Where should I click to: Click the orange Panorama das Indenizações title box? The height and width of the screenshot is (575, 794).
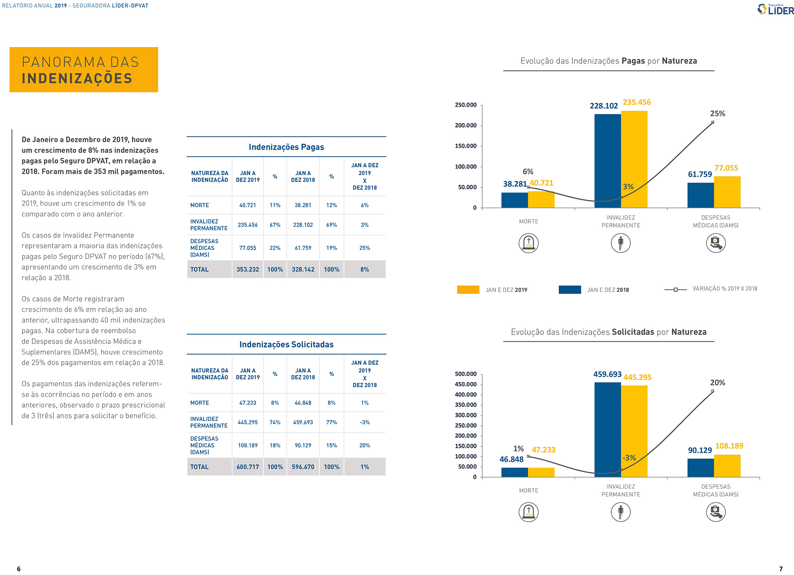pos(84,69)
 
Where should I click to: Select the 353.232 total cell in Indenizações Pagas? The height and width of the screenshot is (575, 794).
pos(247,269)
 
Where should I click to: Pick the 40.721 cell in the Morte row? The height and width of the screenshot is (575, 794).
pos(247,205)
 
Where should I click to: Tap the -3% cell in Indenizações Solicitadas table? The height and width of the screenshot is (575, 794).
pos(364,422)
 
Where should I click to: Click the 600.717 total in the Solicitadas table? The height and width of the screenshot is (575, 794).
pos(247,467)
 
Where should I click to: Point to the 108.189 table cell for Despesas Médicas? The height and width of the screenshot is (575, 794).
pos(247,445)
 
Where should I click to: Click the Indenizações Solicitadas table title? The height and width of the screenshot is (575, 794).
pos(286,345)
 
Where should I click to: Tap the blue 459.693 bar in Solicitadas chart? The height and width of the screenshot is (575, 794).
pos(607,430)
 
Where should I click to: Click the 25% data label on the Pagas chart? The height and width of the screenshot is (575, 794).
pos(717,114)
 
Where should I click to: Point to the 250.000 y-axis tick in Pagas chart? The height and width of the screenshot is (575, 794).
pos(466,105)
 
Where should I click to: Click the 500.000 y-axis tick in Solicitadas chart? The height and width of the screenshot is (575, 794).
pos(466,374)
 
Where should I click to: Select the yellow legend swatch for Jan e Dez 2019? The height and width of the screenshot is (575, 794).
pos(468,290)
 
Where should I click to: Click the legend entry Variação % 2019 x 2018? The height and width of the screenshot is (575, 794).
pos(725,289)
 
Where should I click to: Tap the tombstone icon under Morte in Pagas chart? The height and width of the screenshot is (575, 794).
pos(529,243)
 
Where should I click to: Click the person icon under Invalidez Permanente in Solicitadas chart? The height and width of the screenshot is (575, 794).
pos(620,512)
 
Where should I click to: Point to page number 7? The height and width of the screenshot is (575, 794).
pos(781,569)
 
